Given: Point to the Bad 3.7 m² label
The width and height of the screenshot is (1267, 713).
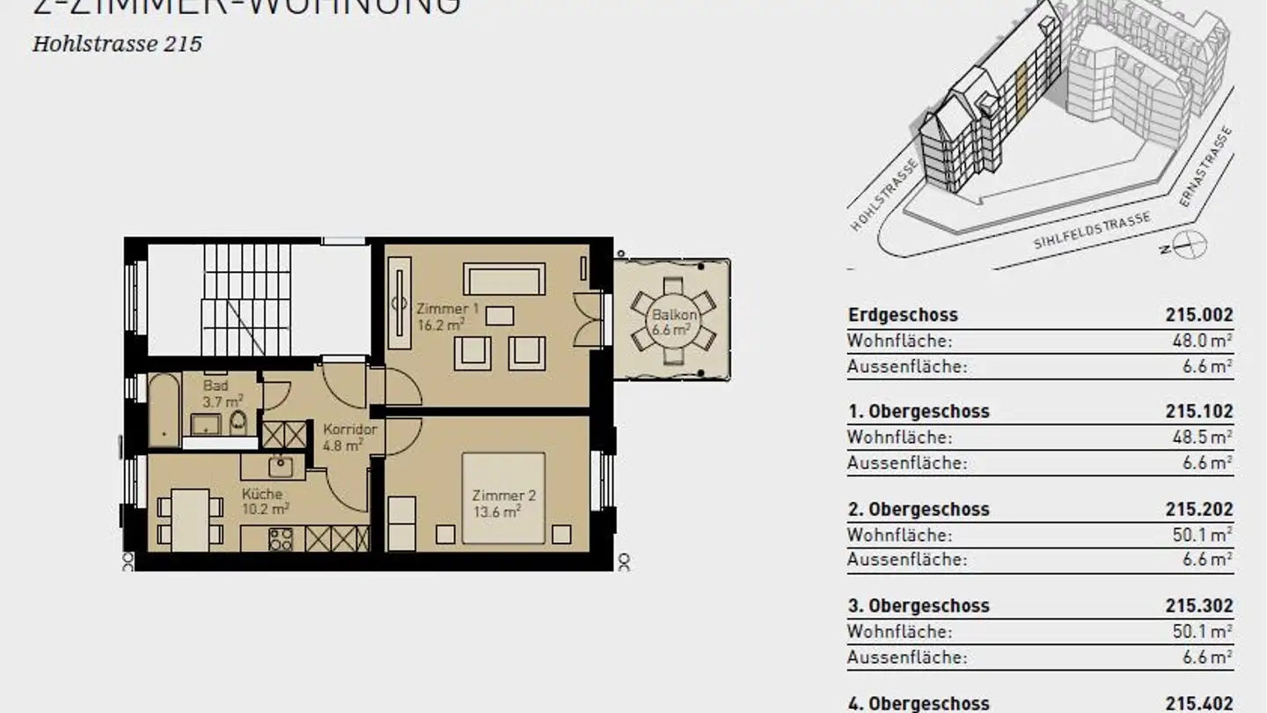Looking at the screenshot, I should [x=216, y=393].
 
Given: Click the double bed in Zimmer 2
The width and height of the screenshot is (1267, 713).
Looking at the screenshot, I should [x=503, y=497].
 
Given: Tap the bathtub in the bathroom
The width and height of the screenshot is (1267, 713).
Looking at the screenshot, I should [x=164, y=409].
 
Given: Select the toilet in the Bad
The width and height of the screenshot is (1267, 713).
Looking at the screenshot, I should [x=238, y=423].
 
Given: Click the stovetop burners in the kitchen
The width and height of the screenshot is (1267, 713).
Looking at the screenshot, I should [x=281, y=539].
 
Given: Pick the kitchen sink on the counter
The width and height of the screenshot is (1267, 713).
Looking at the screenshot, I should [x=281, y=465].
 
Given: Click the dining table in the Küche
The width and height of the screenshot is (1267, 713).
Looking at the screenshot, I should [x=189, y=519].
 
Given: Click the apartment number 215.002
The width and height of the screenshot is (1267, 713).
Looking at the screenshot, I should [x=1199, y=315].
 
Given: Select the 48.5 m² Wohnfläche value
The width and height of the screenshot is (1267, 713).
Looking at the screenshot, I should [x=1207, y=437].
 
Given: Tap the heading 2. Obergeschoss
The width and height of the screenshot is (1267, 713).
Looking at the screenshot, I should [x=918, y=509].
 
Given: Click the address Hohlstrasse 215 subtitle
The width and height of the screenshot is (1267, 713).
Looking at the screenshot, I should [x=117, y=44].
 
